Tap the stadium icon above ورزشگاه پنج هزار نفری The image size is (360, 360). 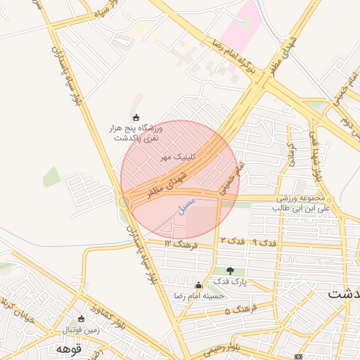click(x=136, y=117)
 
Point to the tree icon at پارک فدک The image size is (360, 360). click(x=231, y=271)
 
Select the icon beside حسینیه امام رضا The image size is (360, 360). click(x=198, y=285)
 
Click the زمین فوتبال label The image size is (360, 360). click(x=82, y=329)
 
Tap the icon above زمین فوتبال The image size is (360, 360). click(x=82, y=319)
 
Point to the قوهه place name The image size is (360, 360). click(x=70, y=348)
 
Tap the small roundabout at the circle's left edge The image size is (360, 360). click(x=124, y=202)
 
